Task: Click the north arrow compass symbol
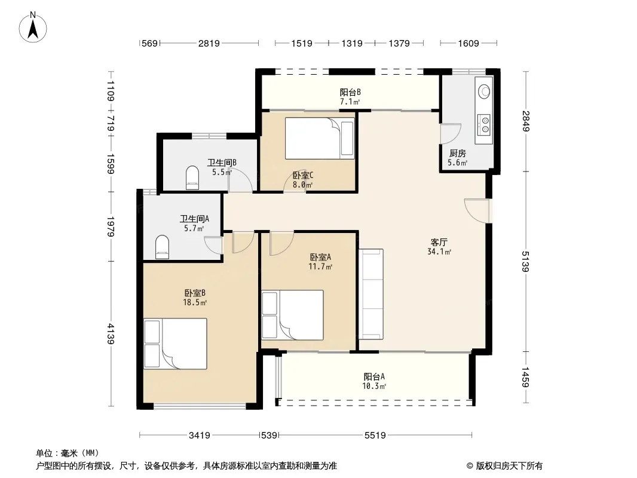33,27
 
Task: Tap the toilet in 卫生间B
192,177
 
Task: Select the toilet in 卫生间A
162,247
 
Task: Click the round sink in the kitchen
484,91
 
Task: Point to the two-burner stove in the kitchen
485,124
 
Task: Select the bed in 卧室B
176,344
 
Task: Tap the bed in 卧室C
320,138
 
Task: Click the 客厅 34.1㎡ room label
439,247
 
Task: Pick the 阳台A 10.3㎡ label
374,381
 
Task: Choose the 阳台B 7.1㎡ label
350,97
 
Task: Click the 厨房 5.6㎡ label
458,158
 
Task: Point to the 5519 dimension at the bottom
375,436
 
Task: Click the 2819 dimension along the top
209,43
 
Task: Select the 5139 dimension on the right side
526,261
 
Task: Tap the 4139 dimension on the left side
111,333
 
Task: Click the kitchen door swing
451,133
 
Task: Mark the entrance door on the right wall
478,210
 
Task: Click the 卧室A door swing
281,243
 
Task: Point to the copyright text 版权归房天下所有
509,466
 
